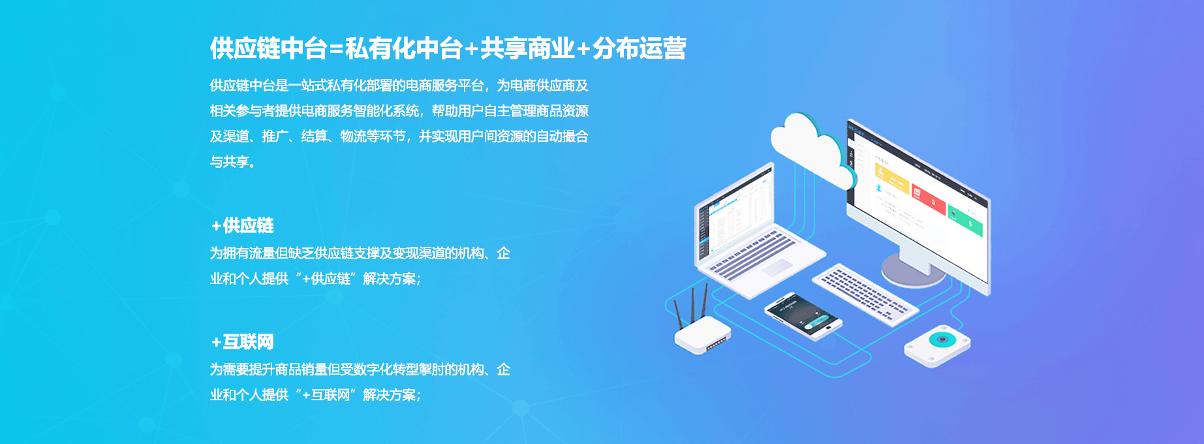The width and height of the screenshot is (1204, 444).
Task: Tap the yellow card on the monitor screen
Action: (x=892, y=178)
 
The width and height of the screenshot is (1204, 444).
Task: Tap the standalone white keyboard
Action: (x=865, y=293)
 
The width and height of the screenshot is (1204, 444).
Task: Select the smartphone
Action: (x=803, y=316)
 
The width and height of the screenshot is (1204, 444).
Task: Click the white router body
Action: (x=702, y=335)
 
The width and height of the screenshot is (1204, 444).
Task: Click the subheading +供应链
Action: (x=242, y=226)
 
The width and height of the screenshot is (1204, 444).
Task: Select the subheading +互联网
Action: (x=242, y=342)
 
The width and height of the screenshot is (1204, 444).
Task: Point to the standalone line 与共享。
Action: (x=233, y=162)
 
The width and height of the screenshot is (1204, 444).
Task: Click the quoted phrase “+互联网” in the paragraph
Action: (x=326, y=395)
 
